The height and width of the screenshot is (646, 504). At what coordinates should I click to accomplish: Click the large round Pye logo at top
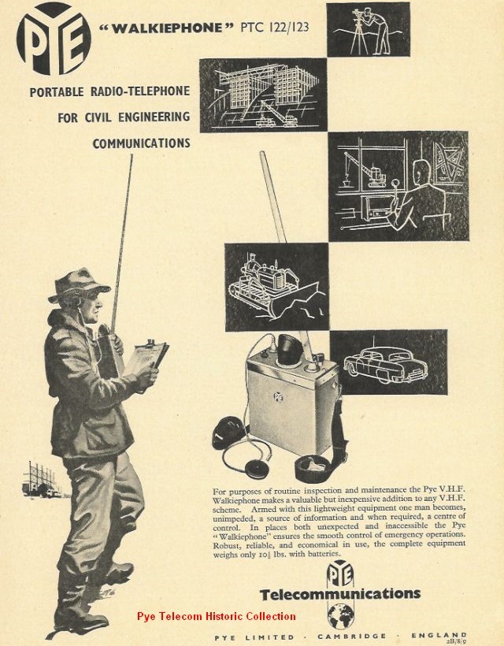click(54, 39)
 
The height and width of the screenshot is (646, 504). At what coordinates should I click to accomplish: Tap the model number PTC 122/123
click(274, 28)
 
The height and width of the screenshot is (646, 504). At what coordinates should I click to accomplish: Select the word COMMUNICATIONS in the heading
click(141, 143)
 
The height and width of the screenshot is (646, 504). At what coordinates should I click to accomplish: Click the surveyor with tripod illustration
click(368, 30)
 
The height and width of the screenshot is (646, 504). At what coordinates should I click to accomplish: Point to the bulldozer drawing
click(276, 287)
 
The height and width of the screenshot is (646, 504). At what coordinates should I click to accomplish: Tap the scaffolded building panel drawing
click(264, 95)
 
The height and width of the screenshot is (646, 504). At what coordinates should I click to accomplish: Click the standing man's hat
click(78, 284)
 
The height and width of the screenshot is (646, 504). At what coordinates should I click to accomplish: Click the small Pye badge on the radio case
click(278, 397)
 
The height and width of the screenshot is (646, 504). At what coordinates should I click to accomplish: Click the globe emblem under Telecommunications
click(340, 616)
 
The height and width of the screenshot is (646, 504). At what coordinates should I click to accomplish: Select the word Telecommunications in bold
click(340, 594)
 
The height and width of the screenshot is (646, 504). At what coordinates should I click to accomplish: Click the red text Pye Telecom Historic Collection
click(217, 616)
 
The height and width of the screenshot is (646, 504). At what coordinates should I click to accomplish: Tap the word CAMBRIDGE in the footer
click(352, 637)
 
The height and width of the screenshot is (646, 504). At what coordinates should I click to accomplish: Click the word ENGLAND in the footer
click(439, 636)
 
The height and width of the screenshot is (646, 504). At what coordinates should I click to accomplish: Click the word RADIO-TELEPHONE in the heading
click(140, 91)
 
